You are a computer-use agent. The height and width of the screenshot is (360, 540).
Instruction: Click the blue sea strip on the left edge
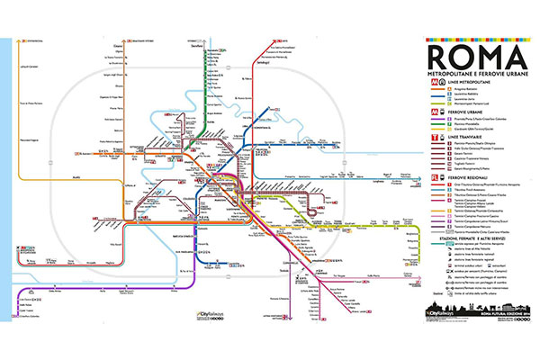pos(4,180)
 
